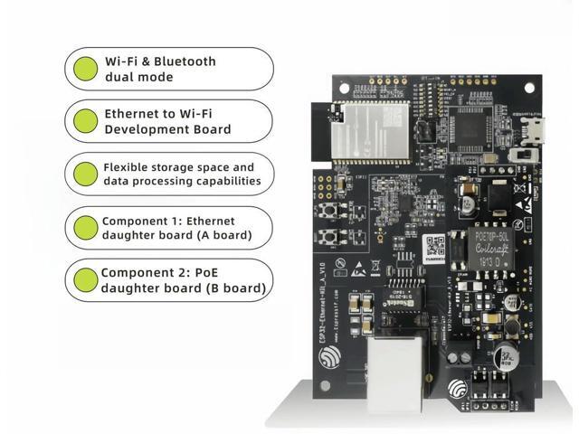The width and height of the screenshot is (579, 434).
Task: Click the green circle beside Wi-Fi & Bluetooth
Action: click(86, 70)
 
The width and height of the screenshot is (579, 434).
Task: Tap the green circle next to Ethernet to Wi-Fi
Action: click(86, 121)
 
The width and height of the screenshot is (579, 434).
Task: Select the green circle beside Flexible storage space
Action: click(86, 174)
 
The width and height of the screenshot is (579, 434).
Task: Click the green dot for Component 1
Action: click(86, 228)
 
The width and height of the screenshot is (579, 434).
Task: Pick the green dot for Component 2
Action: click(86, 280)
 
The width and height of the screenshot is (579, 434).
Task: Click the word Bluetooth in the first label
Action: click(185, 61)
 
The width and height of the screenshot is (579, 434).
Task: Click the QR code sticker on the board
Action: click(435, 245)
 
